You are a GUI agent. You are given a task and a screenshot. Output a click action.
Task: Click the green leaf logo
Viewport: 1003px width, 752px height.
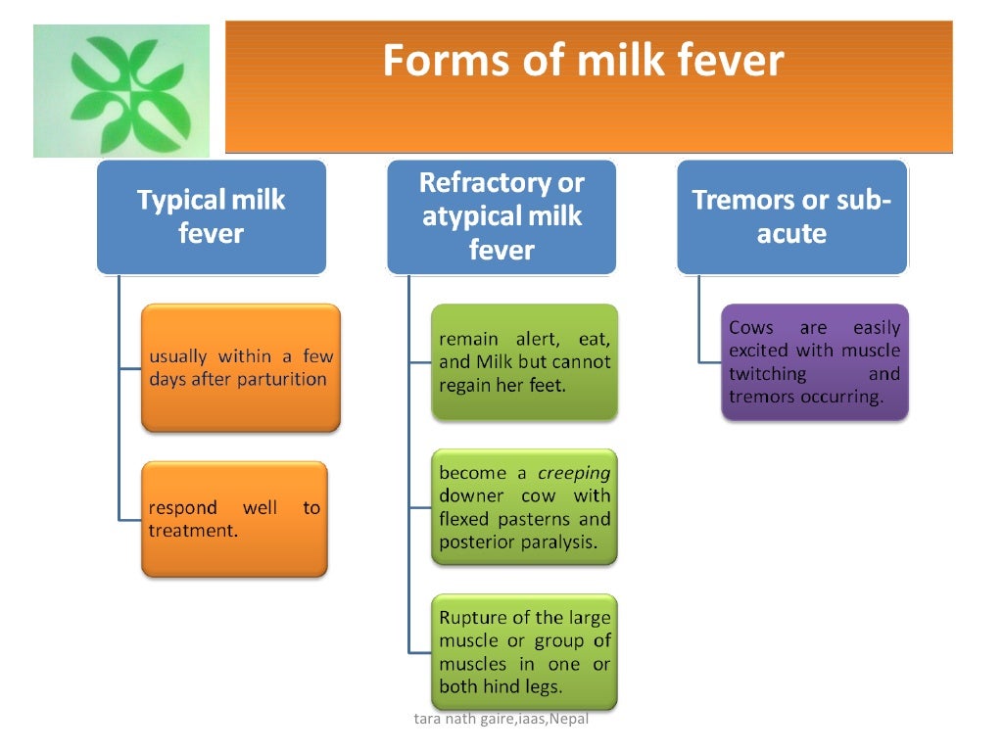121,91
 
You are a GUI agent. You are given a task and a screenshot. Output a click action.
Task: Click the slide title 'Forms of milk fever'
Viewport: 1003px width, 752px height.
583,61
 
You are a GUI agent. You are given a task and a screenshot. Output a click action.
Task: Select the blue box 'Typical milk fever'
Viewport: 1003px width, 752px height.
211,216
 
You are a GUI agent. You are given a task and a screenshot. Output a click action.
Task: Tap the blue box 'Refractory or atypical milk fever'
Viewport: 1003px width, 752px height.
501,216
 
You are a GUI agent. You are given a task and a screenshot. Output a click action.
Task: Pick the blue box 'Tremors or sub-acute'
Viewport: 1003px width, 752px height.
791,216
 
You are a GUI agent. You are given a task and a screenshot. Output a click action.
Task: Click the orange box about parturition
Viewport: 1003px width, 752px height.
241,368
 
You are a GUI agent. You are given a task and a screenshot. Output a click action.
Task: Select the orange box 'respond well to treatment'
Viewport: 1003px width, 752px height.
235,519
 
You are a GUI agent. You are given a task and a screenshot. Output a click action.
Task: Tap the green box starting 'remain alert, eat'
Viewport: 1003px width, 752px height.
525,362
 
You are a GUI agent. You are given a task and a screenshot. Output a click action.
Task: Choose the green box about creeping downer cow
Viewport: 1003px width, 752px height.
525,507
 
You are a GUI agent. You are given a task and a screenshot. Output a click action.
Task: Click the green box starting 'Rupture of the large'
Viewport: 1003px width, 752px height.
525,652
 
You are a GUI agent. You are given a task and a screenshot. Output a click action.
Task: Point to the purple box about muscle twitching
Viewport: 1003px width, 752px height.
815,362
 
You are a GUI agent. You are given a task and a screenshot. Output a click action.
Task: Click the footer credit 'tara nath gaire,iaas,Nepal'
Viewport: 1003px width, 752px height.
503,720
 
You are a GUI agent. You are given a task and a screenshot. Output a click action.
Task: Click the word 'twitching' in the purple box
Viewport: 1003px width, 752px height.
768,374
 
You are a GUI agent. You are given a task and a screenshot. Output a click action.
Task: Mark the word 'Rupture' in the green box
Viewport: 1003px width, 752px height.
473,618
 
